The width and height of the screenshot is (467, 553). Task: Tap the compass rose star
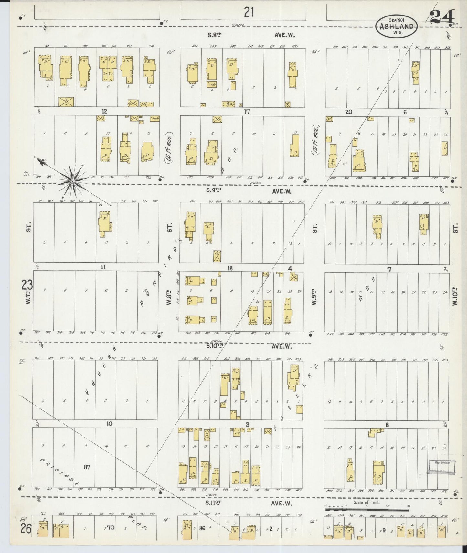(73, 182)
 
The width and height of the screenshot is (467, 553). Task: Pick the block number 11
(103, 267)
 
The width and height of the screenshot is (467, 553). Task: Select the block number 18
(230, 268)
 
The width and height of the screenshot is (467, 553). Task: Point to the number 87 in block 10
(87, 467)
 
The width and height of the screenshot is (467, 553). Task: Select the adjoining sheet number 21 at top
(248, 13)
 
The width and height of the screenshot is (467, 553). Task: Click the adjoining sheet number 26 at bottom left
(26, 529)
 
